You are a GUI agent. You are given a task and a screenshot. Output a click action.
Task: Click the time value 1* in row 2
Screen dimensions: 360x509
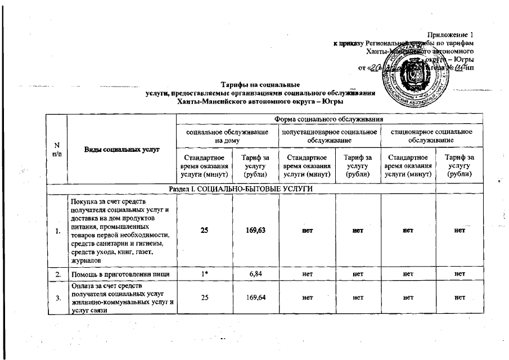click(x=204, y=274)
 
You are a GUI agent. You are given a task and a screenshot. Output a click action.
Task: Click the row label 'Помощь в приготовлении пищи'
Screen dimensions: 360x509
click(x=115, y=274)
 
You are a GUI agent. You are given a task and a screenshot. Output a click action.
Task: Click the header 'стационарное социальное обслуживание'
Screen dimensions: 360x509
click(x=431, y=136)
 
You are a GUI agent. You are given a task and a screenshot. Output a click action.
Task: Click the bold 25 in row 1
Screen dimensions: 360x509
click(x=204, y=231)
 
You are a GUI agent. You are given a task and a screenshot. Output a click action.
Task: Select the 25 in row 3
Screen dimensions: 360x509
click(x=204, y=297)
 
